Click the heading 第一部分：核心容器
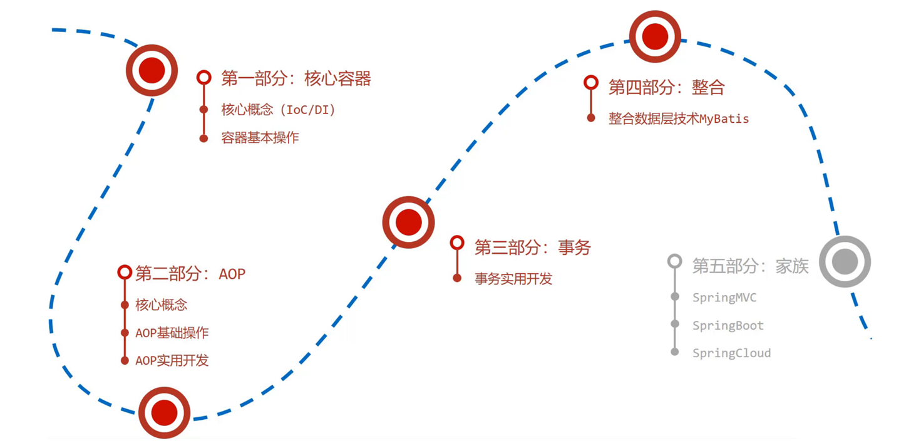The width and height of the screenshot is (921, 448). pyautogui.click(x=296, y=78)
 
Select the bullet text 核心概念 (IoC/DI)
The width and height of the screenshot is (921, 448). pyautogui.click(x=278, y=110)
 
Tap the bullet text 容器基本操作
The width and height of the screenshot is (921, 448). pyautogui.click(x=260, y=138)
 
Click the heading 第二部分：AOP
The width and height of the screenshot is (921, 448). pyautogui.click(x=190, y=274)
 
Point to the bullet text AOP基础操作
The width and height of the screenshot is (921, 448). pyautogui.click(x=172, y=333)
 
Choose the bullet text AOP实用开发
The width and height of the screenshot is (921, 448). pyautogui.click(x=172, y=360)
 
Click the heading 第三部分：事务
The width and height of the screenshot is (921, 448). pyautogui.click(x=532, y=247)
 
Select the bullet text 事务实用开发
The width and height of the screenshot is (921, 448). pyautogui.click(x=513, y=279)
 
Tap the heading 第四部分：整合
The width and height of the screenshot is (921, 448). pyautogui.click(x=666, y=87)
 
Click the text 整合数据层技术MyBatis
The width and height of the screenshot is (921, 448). pyautogui.click(x=678, y=118)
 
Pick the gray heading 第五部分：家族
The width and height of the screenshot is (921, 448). pyautogui.click(x=750, y=266)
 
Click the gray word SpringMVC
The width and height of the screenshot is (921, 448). pyautogui.click(x=724, y=298)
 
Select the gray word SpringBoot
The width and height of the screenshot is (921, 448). pyautogui.click(x=728, y=325)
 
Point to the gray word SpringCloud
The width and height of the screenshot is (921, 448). pyautogui.click(x=731, y=353)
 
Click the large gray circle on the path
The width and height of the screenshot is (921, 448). pyautogui.click(x=845, y=261)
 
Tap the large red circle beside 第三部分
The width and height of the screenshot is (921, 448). pyautogui.click(x=408, y=222)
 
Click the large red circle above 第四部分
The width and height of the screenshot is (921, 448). pyautogui.click(x=655, y=36)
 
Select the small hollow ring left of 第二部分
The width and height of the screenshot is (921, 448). pyautogui.click(x=124, y=272)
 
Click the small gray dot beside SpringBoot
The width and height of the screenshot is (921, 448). pyautogui.click(x=675, y=324)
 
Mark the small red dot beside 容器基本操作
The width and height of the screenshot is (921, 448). pyautogui.click(x=203, y=138)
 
